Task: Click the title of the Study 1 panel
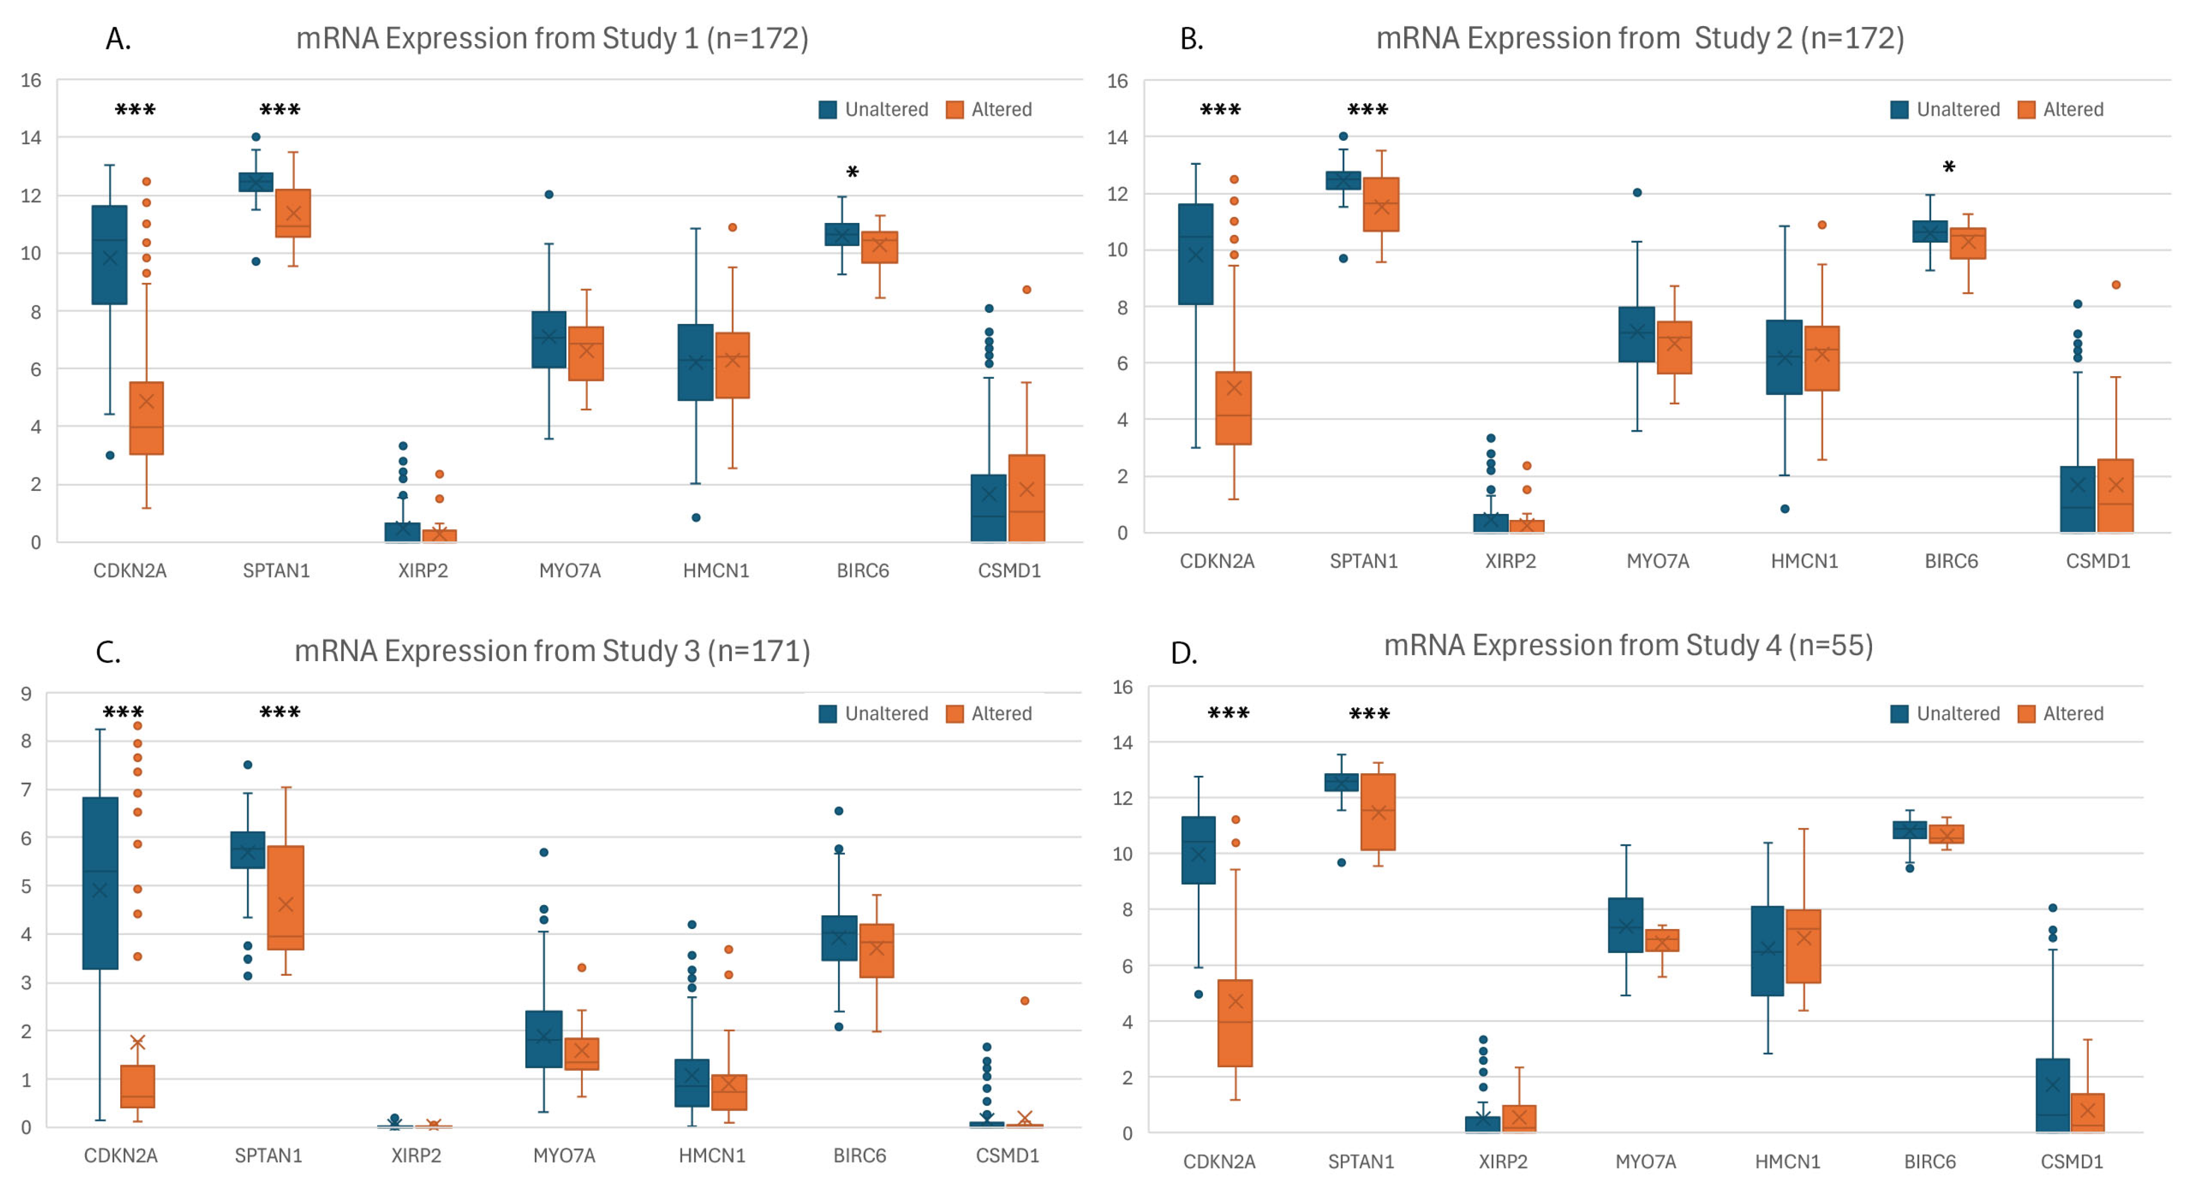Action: pyautogui.click(x=551, y=38)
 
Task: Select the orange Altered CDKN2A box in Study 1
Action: pyautogui.click(x=146, y=418)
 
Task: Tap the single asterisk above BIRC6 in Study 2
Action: pyautogui.click(x=1949, y=168)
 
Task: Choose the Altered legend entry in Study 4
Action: pyautogui.click(x=2060, y=714)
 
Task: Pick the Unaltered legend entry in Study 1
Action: pyautogui.click(x=873, y=110)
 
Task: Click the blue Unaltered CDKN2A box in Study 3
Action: pyautogui.click(x=100, y=882)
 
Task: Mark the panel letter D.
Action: pyautogui.click(x=1184, y=653)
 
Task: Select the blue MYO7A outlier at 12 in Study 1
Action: pyautogui.click(x=549, y=194)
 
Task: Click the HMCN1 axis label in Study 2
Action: pyautogui.click(x=1804, y=561)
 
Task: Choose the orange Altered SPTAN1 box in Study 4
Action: pyautogui.click(x=1378, y=812)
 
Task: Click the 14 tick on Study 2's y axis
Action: pyautogui.click(x=1118, y=137)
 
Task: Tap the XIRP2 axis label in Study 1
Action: pyautogui.click(x=423, y=570)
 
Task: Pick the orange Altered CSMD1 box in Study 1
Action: pyautogui.click(x=1026, y=498)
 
